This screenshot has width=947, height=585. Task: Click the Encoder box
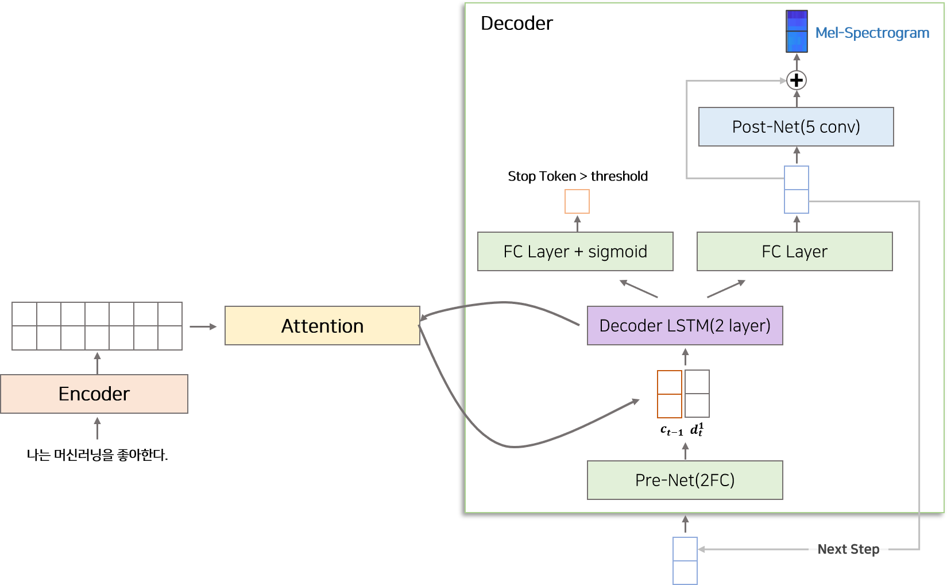coord(94,394)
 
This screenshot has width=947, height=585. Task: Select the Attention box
coord(322,326)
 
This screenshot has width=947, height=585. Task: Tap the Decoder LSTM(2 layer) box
coord(685,326)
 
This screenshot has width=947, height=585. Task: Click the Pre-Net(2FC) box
coord(685,480)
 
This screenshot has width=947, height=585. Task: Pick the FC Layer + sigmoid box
coord(575,252)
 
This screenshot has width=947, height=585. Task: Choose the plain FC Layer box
coord(794,252)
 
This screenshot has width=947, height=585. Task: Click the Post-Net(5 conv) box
coord(796,127)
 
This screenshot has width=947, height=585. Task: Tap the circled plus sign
coord(796,80)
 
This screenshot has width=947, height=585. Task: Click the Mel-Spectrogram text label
coord(872,33)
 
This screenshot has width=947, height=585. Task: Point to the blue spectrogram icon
coord(797,32)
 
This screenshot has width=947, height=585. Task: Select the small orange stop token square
coord(577,202)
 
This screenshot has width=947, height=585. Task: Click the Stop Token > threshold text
coord(578,176)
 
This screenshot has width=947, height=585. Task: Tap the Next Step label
coord(848,549)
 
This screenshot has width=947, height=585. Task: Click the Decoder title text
coord(516,24)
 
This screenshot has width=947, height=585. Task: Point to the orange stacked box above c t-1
coord(670,394)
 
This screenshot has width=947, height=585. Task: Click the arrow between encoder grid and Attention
coord(203,326)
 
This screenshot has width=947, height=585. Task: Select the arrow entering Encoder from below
coord(98,429)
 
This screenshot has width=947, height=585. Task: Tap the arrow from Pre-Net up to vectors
coord(685,451)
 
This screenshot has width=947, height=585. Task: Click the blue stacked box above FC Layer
coord(797,190)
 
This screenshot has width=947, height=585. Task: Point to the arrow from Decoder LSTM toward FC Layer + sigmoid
coord(639,289)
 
